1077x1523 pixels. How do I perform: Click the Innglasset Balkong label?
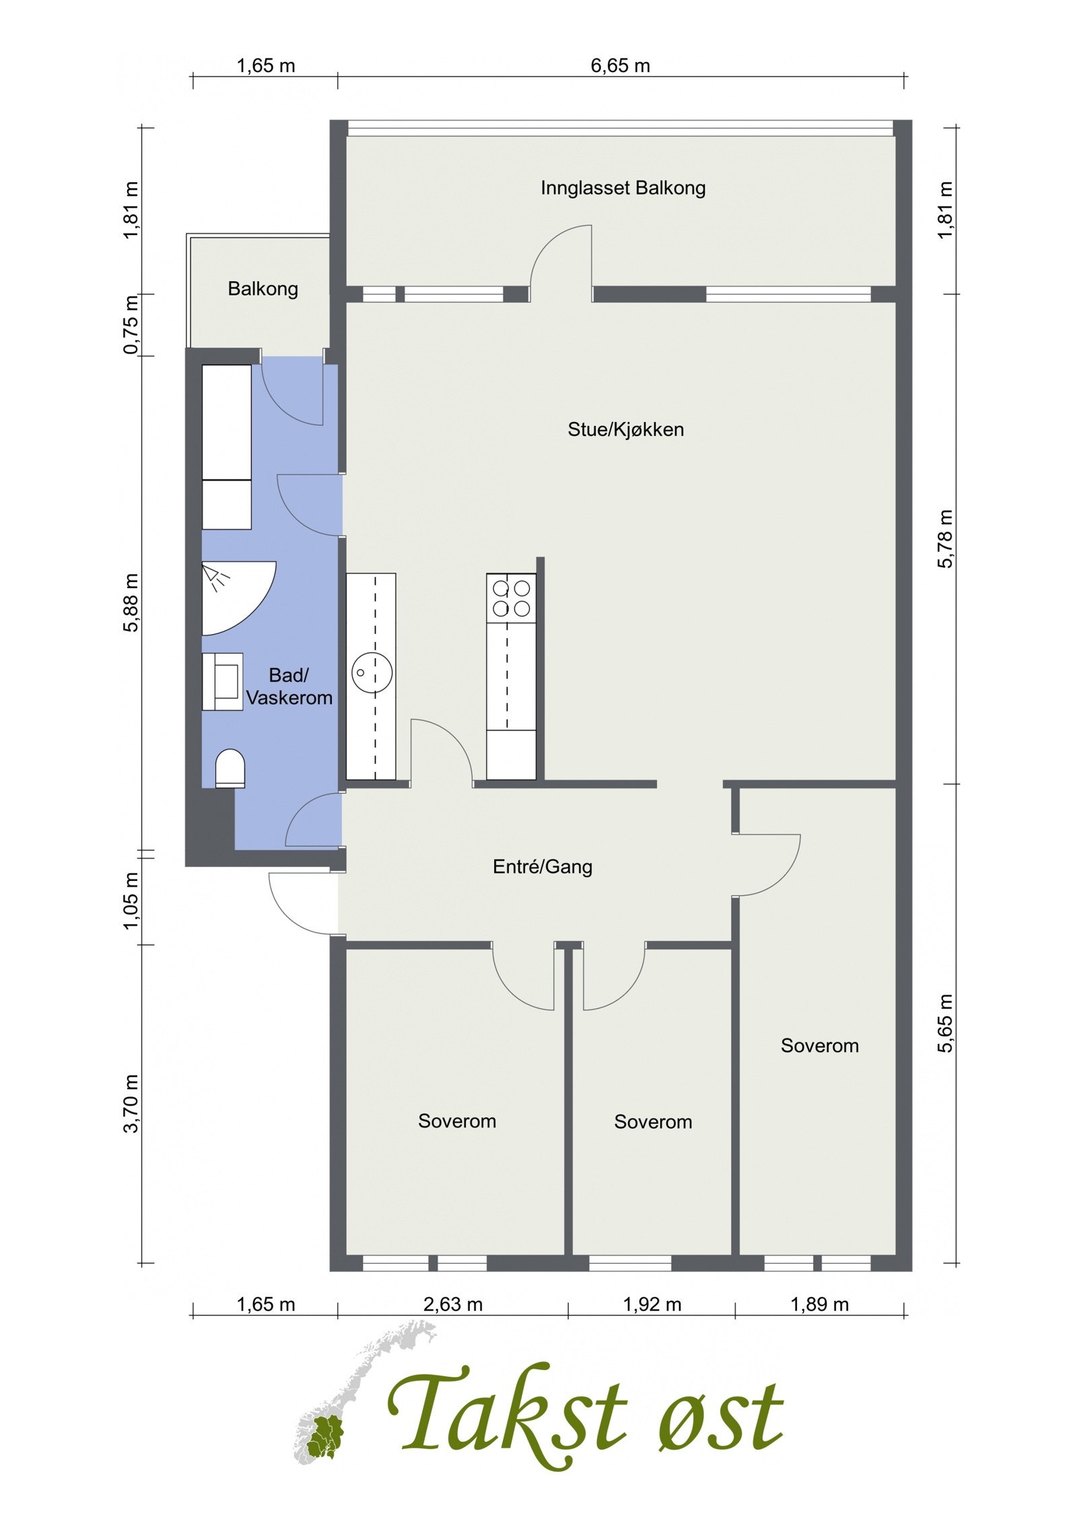click(623, 188)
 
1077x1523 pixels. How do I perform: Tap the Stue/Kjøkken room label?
click(625, 429)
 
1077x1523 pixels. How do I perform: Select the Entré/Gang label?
click(543, 866)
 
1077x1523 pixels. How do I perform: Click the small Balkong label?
click(263, 289)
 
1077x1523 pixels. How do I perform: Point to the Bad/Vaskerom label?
click(289, 686)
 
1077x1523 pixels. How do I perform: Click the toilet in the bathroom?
click(230, 769)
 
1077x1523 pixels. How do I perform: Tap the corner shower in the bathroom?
click(232, 596)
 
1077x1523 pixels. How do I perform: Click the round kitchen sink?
click(372, 672)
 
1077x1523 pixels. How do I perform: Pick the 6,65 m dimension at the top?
click(620, 66)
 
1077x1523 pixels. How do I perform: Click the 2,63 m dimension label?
click(452, 1304)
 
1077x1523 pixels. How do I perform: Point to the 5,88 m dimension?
click(131, 602)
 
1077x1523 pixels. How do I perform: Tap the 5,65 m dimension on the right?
click(946, 1022)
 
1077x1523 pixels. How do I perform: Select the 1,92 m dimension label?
click(652, 1304)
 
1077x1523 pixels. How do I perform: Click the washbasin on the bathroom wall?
click(223, 681)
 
